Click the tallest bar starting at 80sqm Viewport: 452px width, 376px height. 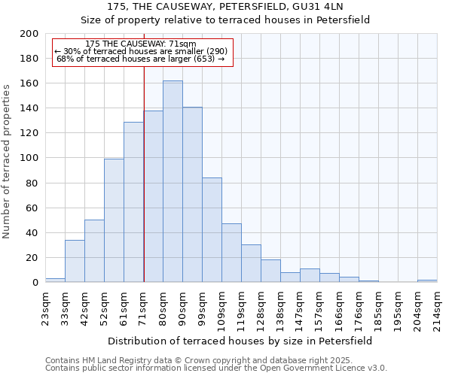pyautogui.click(x=173, y=181)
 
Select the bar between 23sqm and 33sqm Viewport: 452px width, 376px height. pyautogui.click(x=55, y=280)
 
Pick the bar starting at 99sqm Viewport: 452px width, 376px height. pyautogui.click(x=212, y=230)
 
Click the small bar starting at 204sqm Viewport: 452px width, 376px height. pyautogui.click(x=427, y=280)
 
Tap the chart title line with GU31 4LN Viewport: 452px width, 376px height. pyautogui.click(x=226, y=7)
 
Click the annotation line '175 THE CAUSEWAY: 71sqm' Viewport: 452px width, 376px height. pyautogui.click(x=141, y=44)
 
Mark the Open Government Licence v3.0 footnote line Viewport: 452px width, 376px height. pyautogui.click(x=216, y=368)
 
